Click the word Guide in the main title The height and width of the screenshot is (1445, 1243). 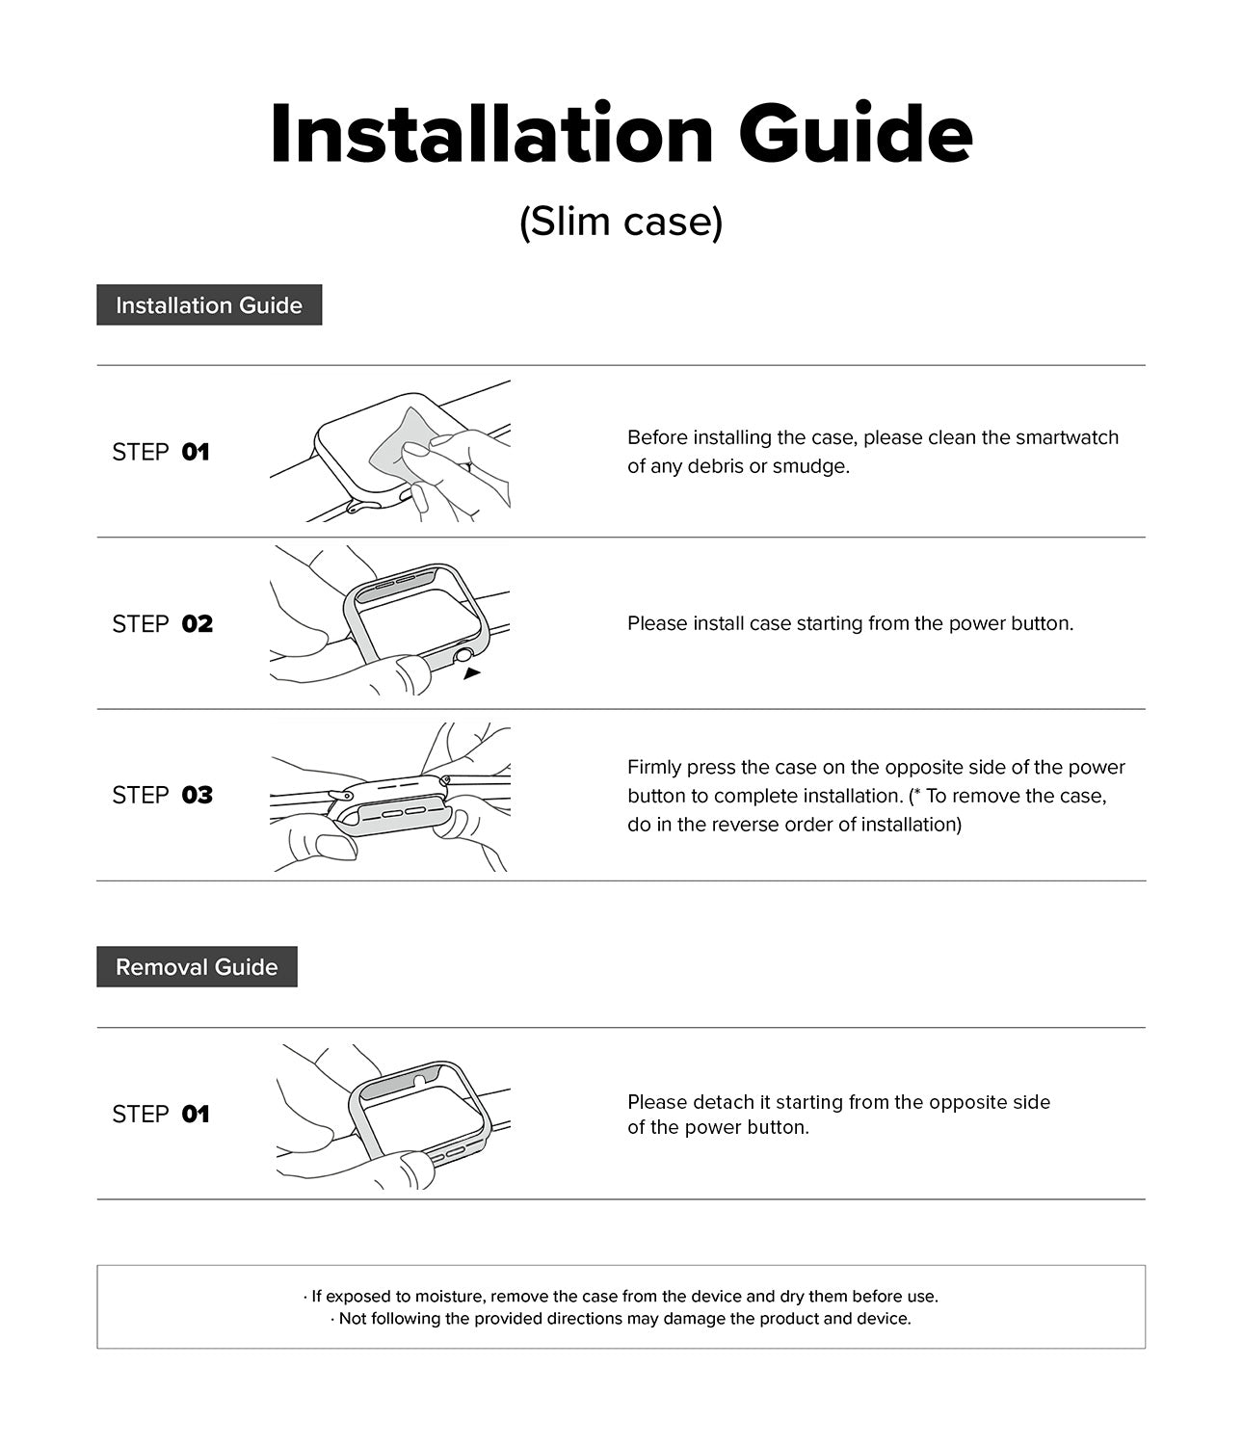[x=856, y=135]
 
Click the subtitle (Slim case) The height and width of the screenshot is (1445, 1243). [x=621, y=223]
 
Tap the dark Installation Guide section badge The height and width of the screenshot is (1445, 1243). [x=209, y=305]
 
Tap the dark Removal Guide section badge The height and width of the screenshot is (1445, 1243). [x=197, y=967]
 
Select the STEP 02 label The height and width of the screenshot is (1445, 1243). [x=162, y=624]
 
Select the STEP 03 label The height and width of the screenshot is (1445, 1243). [x=162, y=796]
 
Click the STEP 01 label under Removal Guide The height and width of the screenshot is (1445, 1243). [x=160, y=1115]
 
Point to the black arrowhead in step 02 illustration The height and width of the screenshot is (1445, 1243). [x=471, y=673]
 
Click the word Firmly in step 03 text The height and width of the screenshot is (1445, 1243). [x=654, y=768]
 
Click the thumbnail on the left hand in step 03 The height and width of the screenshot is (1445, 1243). [x=335, y=847]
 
